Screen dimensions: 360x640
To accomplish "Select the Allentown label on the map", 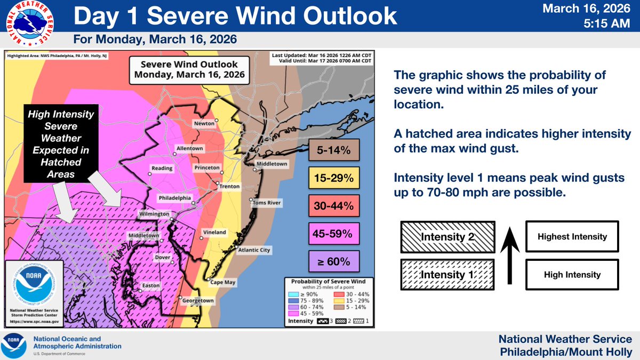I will (x=190, y=148).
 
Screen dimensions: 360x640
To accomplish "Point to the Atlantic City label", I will (x=254, y=250).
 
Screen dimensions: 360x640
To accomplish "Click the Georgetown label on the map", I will (x=198, y=301).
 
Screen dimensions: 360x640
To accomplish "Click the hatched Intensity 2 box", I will (x=446, y=236).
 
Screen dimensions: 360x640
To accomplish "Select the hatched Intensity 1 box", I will (x=446, y=275).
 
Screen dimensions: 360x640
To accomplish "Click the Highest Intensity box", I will (x=572, y=236).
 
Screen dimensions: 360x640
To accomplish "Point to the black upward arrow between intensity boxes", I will (x=509, y=256).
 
